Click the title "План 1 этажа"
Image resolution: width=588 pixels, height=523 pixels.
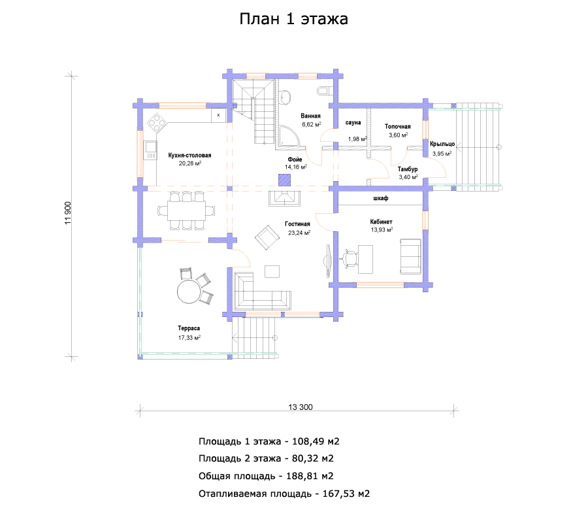(293, 19)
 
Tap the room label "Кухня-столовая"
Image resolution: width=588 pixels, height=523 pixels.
(189, 156)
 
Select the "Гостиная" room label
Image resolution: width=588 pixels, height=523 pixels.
(297, 224)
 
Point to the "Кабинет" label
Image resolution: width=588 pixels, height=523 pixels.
(381, 222)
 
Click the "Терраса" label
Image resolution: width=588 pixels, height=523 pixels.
(189, 328)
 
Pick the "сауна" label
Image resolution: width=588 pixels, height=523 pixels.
(353, 123)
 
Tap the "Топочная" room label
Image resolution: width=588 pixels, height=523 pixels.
(397, 127)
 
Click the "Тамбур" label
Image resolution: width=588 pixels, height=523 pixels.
(408, 169)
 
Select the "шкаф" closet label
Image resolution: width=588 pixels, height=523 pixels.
(381, 198)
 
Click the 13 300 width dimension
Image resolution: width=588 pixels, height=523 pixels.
(301, 407)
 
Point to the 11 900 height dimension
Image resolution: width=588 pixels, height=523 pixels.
(68, 213)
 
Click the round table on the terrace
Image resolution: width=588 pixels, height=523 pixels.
(189, 291)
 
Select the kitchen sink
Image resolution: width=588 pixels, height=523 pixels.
(150, 150)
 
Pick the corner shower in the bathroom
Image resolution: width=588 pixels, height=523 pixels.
(289, 136)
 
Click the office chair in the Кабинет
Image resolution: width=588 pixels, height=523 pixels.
(350, 258)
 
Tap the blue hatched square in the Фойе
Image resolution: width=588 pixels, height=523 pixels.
(285, 180)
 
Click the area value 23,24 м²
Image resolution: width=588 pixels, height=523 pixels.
(299, 233)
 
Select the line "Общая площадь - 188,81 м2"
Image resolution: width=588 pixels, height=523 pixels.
(266, 476)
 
